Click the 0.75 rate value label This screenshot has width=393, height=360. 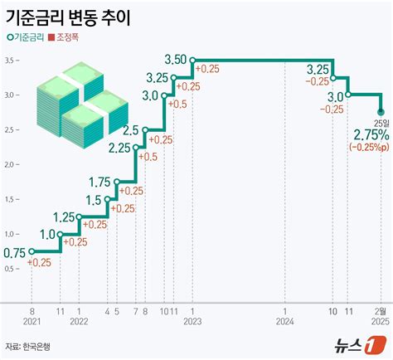(14, 252)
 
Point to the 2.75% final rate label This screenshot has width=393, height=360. (370, 135)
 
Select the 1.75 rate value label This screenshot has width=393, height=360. (99, 182)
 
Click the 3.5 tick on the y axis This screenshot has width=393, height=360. (7, 61)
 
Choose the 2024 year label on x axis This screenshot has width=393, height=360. (284, 320)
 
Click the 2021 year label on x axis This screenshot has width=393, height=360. (32, 320)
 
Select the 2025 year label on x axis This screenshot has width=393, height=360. (381, 320)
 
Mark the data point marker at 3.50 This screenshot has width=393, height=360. (192, 60)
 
